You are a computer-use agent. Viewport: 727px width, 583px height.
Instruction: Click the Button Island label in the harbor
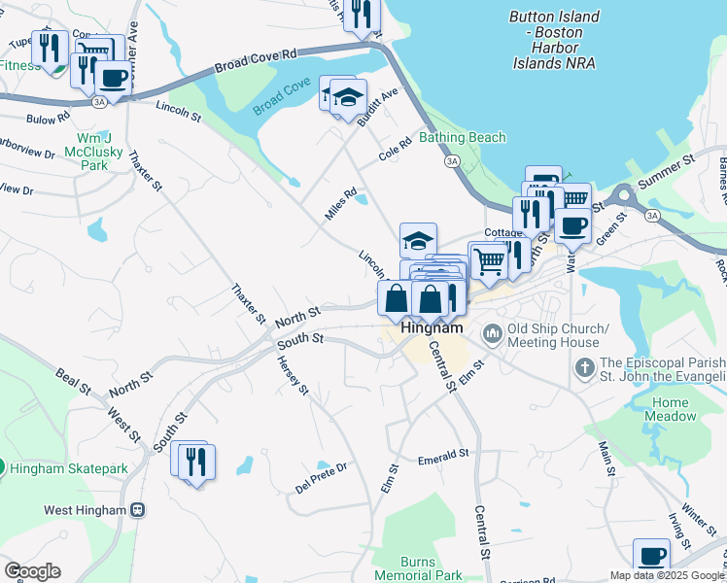click(x=554, y=40)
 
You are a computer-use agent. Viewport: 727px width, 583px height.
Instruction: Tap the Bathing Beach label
click(x=462, y=137)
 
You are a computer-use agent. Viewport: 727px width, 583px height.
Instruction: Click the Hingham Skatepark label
click(x=68, y=468)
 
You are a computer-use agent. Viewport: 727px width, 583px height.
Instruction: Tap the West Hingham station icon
click(x=138, y=509)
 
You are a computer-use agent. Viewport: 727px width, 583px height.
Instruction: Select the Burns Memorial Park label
click(x=432, y=568)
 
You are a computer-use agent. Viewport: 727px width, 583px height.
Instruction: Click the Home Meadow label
click(x=671, y=409)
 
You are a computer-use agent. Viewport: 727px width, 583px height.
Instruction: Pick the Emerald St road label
click(x=443, y=454)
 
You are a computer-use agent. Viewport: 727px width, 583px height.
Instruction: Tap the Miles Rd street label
click(x=341, y=204)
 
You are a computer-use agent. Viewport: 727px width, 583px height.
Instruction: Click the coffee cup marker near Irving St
click(x=651, y=556)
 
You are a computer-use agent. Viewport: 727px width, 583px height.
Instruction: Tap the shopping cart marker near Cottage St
click(x=488, y=260)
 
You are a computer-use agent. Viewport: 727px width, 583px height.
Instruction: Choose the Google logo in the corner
click(x=32, y=571)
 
